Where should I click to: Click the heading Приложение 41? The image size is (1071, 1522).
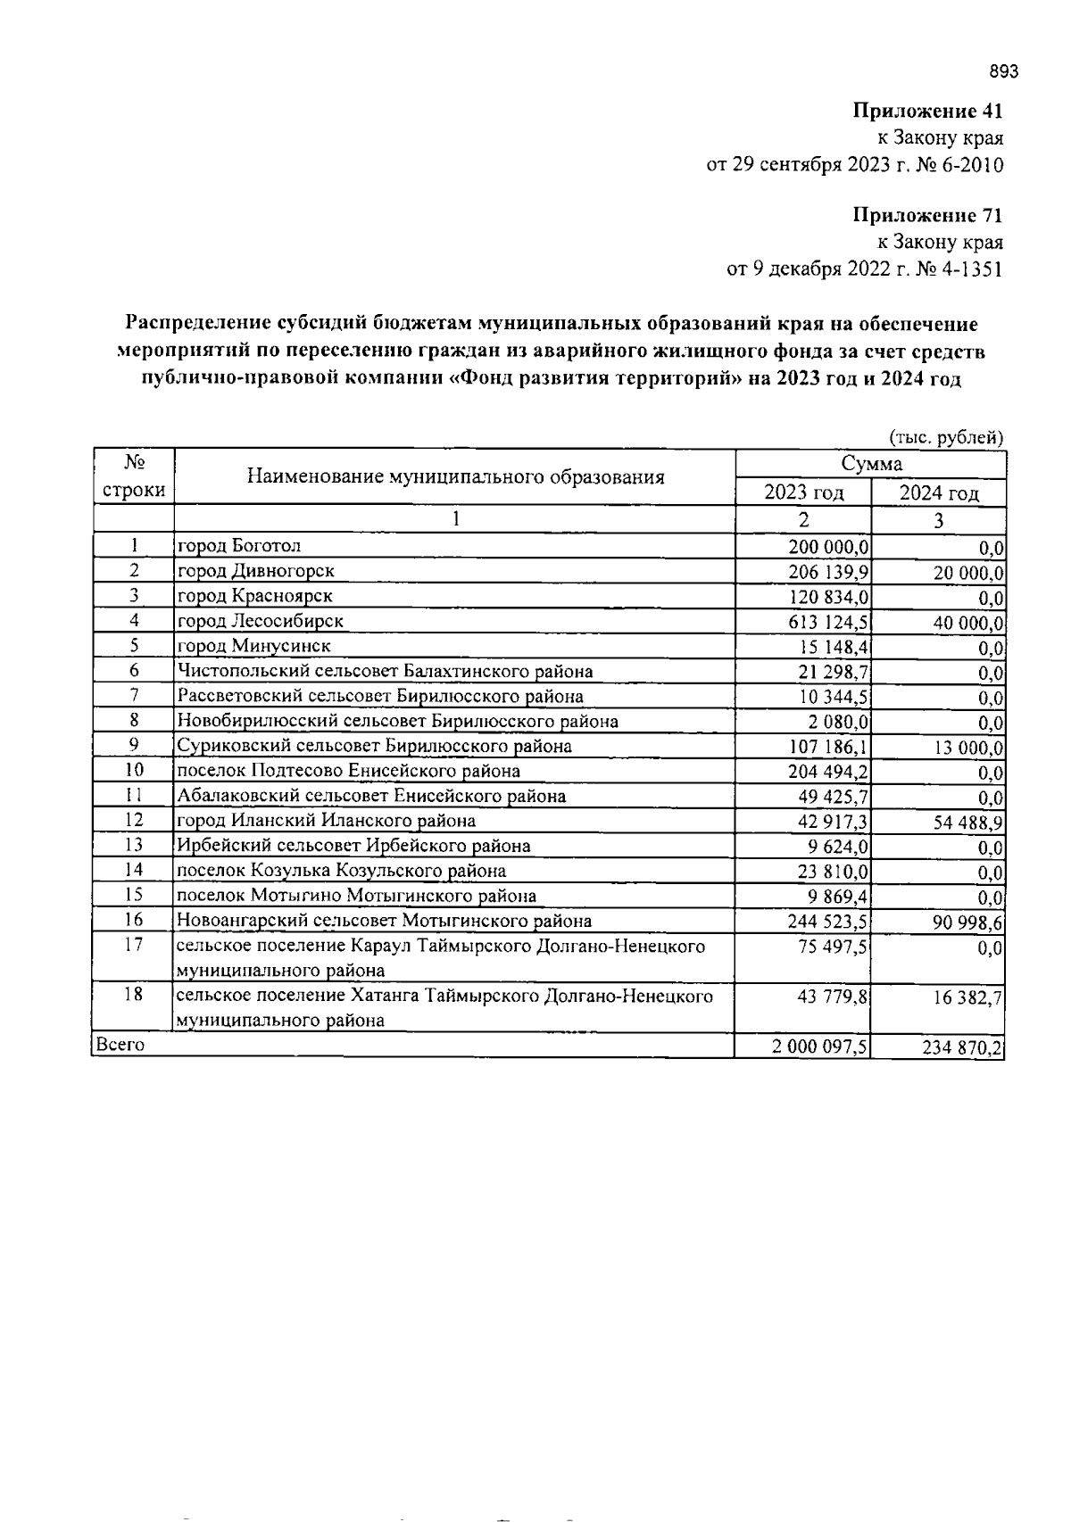(x=927, y=112)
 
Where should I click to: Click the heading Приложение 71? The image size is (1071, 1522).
(x=927, y=216)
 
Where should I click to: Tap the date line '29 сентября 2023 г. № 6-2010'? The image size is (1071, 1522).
(x=855, y=165)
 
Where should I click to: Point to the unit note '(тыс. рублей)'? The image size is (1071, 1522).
(x=946, y=437)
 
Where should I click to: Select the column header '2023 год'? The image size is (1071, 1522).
(x=803, y=492)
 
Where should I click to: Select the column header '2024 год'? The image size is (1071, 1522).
(x=938, y=492)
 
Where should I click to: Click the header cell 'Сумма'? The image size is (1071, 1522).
(x=871, y=463)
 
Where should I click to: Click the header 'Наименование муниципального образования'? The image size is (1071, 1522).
(x=455, y=476)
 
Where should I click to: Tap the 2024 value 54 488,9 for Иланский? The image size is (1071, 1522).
(x=968, y=822)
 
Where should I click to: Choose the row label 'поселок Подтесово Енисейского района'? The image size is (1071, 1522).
(x=348, y=771)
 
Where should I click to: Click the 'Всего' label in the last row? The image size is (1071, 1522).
(x=120, y=1044)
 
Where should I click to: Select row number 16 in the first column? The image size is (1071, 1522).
(x=133, y=920)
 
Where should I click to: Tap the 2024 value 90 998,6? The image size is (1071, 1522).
(x=968, y=922)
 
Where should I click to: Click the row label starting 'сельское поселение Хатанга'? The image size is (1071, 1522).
(x=444, y=996)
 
